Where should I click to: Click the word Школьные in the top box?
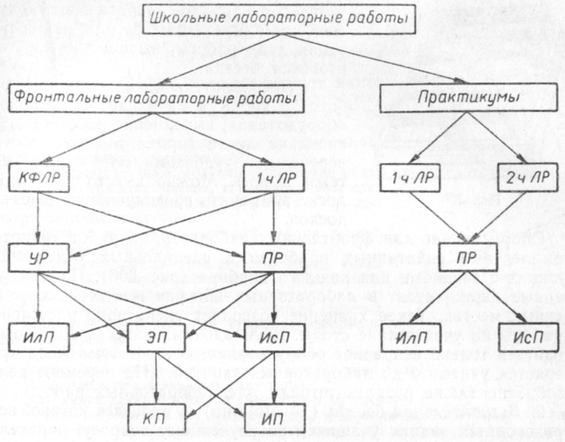(x=183, y=20)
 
